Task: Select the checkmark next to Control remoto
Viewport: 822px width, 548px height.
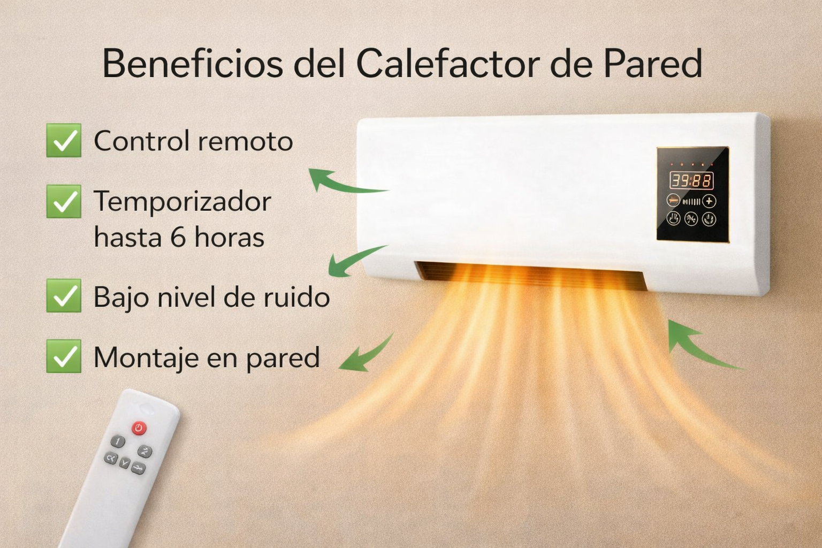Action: pyautogui.click(x=64, y=141)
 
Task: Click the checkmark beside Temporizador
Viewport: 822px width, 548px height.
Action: pyautogui.click(x=64, y=202)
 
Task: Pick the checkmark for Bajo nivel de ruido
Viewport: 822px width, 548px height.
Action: pyautogui.click(x=64, y=295)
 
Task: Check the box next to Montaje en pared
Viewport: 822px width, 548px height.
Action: pyautogui.click(x=64, y=356)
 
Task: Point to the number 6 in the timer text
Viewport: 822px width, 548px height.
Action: pyautogui.click(x=178, y=237)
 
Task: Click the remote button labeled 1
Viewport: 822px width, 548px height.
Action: pyautogui.click(x=118, y=441)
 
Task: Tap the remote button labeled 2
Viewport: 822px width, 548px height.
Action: pyautogui.click(x=144, y=451)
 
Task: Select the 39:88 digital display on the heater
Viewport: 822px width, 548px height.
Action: pyautogui.click(x=692, y=180)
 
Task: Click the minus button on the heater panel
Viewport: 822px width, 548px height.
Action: pyautogui.click(x=673, y=201)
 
